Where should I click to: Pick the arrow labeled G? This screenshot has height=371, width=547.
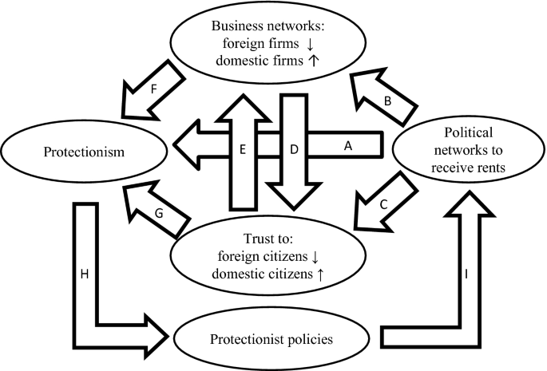tap(159, 210)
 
